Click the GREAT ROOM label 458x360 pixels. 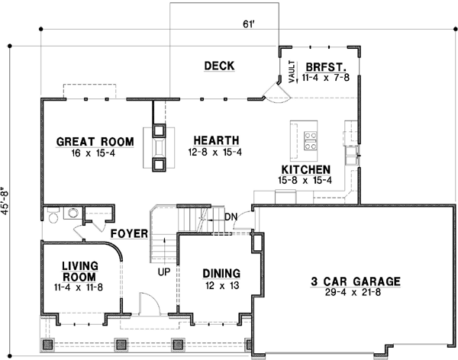click(x=95, y=141)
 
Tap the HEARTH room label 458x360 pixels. click(x=217, y=140)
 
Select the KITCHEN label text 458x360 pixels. click(x=305, y=169)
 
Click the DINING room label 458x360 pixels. click(x=221, y=273)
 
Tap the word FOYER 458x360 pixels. click(x=128, y=233)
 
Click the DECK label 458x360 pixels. click(x=219, y=66)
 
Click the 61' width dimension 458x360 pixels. click(x=247, y=24)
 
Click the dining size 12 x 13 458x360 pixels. click(x=221, y=285)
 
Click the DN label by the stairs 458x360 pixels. click(x=231, y=217)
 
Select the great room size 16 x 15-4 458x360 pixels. click(x=95, y=153)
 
